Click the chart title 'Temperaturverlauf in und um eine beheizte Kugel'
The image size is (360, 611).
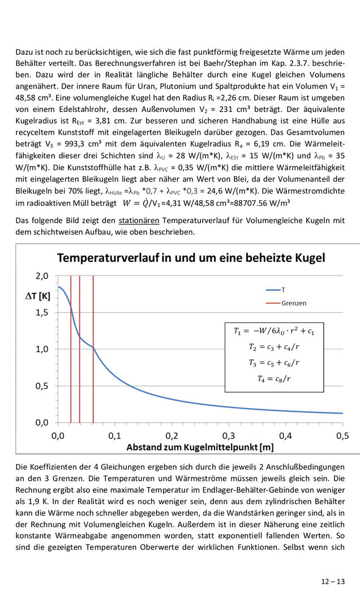(191, 258)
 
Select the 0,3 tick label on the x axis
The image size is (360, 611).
(229, 436)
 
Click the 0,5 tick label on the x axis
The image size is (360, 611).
(342, 436)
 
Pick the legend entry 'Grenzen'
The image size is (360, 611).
(293, 303)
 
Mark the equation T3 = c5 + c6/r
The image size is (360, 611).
(274, 363)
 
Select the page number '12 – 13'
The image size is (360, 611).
(332, 581)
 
